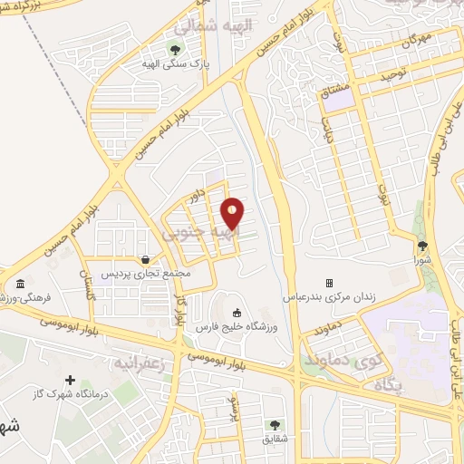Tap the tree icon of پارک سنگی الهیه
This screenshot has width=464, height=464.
pyautogui.click(x=176, y=49)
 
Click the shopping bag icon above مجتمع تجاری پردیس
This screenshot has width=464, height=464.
pyautogui.click(x=145, y=259)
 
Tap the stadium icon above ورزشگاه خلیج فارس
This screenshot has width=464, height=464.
pyautogui.click(x=237, y=313)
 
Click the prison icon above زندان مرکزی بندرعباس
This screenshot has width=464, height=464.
pyautogui.click(x=330, y=283)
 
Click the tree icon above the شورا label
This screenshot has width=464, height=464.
pyautogui.click(x=422, y=246)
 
